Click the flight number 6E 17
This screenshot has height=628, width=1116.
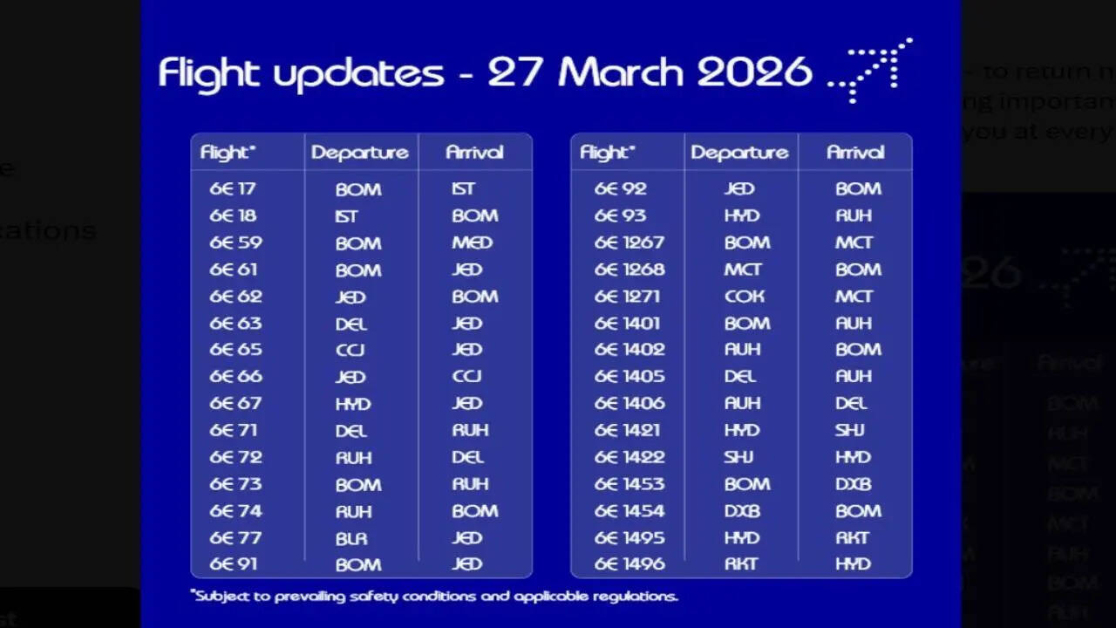click(232, 188)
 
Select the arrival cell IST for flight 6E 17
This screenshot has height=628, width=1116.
click(463, 188)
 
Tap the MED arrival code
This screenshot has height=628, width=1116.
click(472, 242)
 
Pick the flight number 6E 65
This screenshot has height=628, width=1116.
click(235, 350)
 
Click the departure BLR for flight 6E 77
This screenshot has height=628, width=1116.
click(351, 538)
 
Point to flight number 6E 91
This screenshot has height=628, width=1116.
click(234, 564)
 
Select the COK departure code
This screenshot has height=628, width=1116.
click(744, 297)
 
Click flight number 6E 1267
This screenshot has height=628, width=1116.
click(629, 242)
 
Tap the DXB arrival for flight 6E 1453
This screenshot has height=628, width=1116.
click(853, 484)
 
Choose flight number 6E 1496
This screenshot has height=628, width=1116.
click(629, 564)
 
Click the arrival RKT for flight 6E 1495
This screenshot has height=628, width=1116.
click(853, 538)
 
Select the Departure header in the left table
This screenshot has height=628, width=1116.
click(360, 153)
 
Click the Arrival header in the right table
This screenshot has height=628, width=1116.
click(855, 153)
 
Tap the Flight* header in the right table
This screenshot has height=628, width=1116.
click(608, 153)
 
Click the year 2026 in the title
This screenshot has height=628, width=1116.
click(754, 73)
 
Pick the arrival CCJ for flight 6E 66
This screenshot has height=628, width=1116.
click(466, 377)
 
